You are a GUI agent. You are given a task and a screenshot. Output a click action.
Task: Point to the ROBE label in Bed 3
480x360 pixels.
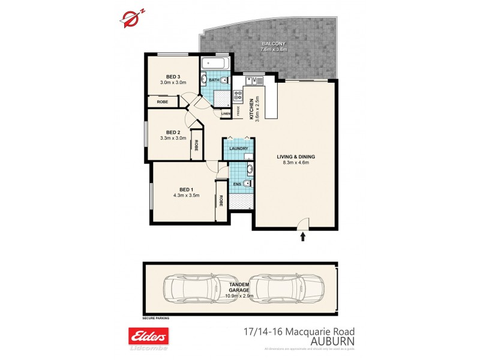pyautogui.click(x=163, y=102)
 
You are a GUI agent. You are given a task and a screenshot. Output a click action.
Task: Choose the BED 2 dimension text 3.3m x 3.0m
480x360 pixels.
pyautogui.click(x=173, y=139)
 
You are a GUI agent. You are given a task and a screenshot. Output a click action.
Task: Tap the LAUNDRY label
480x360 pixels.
pyautogui.click(x=238, y=148)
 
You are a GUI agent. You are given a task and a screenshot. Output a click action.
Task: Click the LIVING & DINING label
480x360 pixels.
pyautogui.click(x=295, y=157)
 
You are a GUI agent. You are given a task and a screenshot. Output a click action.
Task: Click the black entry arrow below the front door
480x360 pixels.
pyautogui.click(x=302, y=237)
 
